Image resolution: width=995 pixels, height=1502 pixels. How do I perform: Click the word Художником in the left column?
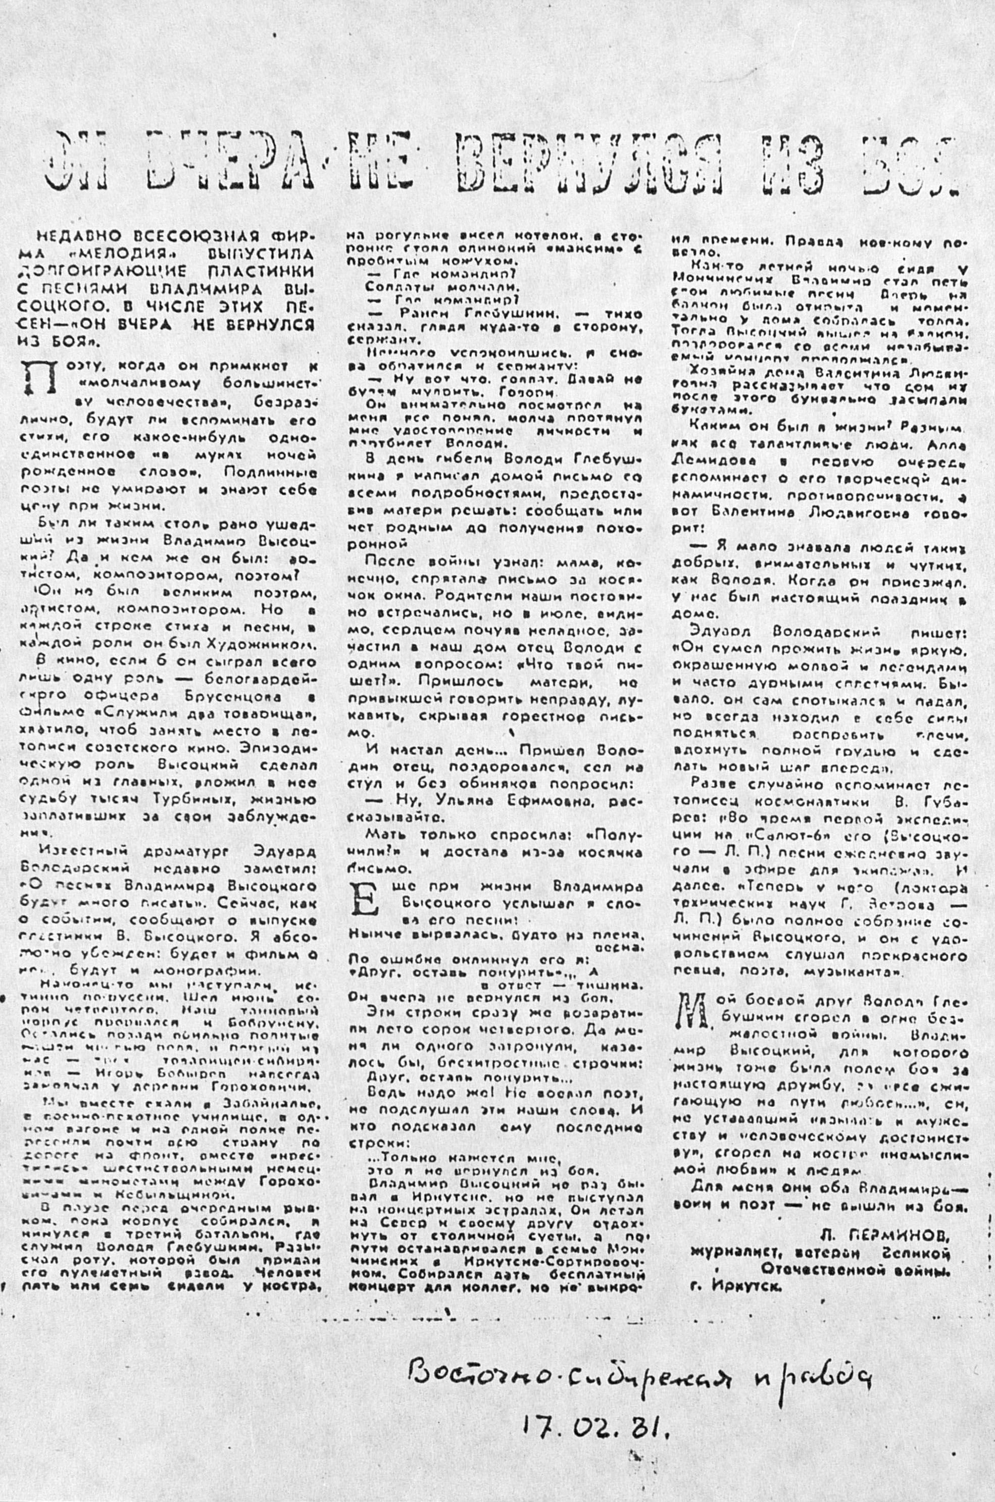[266, 644]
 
